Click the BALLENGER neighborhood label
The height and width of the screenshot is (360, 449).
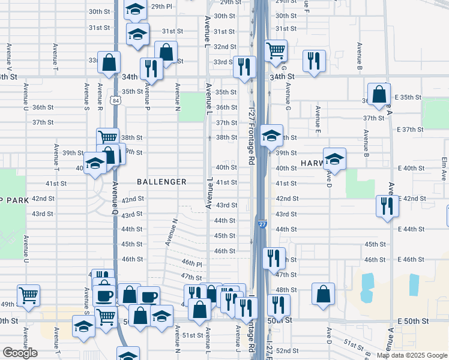click(x=161, y=181)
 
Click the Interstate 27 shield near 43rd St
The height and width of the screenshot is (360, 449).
click(x=262, y=224)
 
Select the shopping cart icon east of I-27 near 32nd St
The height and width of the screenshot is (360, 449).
click(x=276, y=50)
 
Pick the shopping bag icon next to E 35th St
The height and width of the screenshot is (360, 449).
click(x=379, y=94)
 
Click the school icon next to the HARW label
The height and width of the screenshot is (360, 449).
click(x=334, y=159)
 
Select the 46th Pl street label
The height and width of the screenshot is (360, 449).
click(x=192, y=264)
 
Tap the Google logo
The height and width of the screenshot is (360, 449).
click(x=20, y=353)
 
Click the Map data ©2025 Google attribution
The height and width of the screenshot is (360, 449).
click(x=411, y=355)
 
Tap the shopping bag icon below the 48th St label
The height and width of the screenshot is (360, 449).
click(x=323, y=294)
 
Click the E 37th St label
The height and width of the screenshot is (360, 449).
click(x=410, y=130)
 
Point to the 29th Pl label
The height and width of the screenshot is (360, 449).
click(x=161, y=6)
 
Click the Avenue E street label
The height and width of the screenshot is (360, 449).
click(x=318, y=120)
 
